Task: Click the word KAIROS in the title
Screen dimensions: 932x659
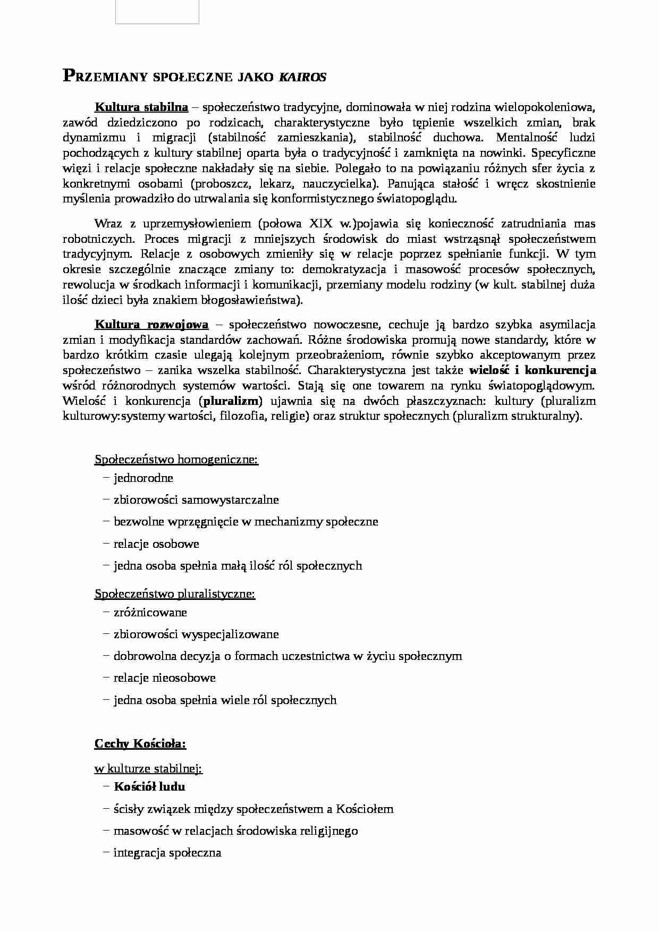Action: (302, 77)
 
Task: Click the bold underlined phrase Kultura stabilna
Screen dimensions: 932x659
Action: (141, 107)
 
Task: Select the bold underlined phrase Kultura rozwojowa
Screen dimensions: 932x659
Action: (151, 324)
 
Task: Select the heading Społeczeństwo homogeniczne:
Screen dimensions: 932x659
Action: (176, 459)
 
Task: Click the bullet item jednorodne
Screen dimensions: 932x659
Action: (143, 478)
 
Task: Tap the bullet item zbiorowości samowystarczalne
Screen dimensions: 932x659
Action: (196, 499)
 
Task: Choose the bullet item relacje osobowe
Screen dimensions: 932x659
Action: (156, 544)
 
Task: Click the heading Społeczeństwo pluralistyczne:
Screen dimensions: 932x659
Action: (175, 594)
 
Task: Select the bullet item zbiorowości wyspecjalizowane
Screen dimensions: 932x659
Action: (196, 634)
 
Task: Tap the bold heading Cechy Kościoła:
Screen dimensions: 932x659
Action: (140, 743)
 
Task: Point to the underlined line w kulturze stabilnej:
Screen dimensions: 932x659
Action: (148, 768)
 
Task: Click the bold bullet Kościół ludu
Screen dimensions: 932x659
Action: (149, 786)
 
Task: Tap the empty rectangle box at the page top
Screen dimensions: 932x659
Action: (157, 12)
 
